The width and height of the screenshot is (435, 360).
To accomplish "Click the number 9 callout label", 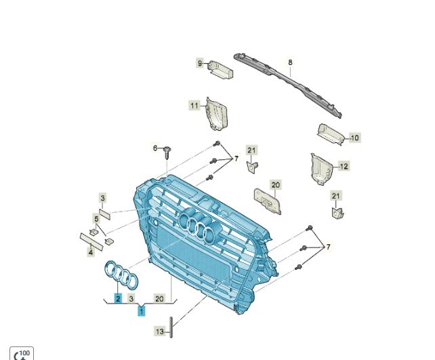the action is click(x=200, y=63).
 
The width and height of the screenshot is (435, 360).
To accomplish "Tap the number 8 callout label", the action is click(x=290, y=62).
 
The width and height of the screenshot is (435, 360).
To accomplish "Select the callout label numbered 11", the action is click(x=194, y=106).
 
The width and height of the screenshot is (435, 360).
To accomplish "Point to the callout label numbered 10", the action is click(x=355, y=138).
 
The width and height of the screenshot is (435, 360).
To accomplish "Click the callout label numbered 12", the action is click(x=344, y=166).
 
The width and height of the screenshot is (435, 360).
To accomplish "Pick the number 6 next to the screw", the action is click(x=155, y=148).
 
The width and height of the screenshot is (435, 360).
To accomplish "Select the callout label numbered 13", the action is click(x=160, y=332).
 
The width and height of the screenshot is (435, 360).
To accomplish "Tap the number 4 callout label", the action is click(x=91, y=252).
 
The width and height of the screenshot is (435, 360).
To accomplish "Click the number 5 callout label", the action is click(x=96, y=219).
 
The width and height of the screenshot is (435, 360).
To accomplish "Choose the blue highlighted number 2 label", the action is click(x=118, y=299).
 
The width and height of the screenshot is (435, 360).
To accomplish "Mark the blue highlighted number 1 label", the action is click(x=142, y=311).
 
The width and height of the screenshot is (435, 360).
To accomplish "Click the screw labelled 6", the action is click(x=167, y=153).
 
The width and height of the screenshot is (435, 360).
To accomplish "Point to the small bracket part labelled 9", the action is click(x=221, y=69).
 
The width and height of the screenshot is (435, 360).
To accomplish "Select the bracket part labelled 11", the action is click(x=217, y=114).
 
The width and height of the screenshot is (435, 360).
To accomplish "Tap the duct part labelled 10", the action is click(x=331, y=134).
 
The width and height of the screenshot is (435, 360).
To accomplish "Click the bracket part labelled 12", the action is click(x=322, y=169).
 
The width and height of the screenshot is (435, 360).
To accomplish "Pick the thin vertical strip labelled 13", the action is click(x=171, y=327).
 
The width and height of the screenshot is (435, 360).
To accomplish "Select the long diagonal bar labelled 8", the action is click(x=288, y=85).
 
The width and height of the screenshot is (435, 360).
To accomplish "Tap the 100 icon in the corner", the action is click(x=22, y=353).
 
